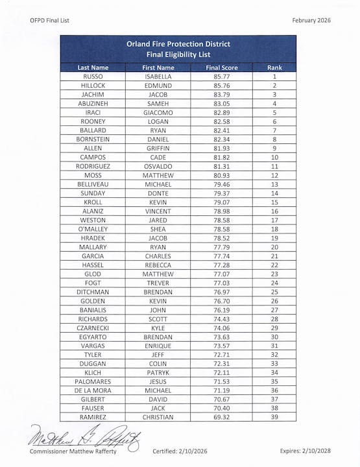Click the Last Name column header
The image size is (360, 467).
coord(93,67)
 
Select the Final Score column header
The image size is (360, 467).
coord(222,67)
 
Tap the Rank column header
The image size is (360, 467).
coord(274,67)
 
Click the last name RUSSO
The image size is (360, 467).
coord(93,77)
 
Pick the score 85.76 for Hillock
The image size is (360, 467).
coord(222,85)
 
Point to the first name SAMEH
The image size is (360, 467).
coord(158,103)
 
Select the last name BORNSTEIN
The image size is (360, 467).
coord(93,139)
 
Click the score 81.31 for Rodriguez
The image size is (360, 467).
coord(222,166)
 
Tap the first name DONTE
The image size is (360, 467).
coord(158,193)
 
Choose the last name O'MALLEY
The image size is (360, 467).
coord(93,229)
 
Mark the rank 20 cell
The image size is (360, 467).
coord(274,246)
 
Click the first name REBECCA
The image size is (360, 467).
coord(158,265)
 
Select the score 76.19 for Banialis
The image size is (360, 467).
coord(222,310)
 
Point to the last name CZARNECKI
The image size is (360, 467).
coord(93,328)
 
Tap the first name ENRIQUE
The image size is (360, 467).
coord(158,346)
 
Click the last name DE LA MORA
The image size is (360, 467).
coord(93,390)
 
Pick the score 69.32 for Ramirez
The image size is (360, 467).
coord(222,417)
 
